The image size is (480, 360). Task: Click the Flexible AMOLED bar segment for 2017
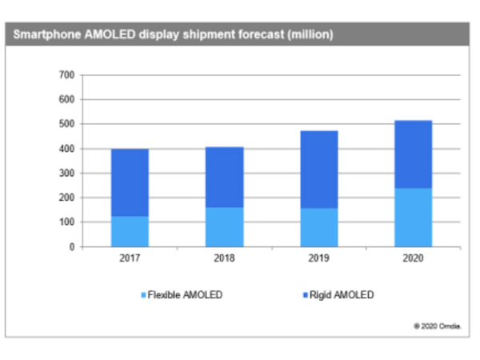[x=130, y=231]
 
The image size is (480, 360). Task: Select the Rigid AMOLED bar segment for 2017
[x=130, y=182]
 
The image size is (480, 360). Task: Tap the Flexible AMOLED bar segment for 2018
[x=225, y=227]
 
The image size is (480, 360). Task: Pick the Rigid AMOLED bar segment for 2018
[x=225, y=177]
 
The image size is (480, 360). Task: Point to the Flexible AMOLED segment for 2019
[x=319, y=227]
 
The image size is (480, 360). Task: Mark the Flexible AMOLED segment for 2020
[x=414, y=218]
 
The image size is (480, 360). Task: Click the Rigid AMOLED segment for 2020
[x=414, y=154]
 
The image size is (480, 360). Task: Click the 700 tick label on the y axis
[x=66, y=75]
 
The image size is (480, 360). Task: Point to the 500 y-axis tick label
[x=66, y=124]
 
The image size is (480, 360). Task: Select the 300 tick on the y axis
[x=66, y=173]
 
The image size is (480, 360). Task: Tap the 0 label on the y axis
[x=71, y=246]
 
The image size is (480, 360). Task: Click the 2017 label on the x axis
[x=130, y=259]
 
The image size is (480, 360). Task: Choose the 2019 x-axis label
[x=319, y=259]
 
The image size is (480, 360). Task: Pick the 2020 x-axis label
[x=414, y=259]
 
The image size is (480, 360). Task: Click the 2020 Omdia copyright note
[x=437, y=326]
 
